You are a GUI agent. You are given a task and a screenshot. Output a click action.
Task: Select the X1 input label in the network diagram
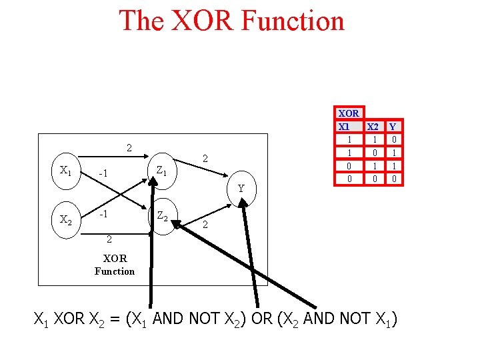pyautogui.click(x=65, y=170)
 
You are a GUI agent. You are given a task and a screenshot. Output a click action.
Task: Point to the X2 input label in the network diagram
pyautogui.click(x=65, y=219)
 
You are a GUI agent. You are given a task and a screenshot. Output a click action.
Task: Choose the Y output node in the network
pyautogui.click(x=241, y=188)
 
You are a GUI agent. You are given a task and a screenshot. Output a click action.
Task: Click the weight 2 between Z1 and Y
pyautogui.click(x=206, y=159)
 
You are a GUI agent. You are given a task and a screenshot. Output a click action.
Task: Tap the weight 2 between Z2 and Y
pyautogui.click(x=205, y=225)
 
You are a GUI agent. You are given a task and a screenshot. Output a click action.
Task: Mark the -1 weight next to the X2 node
pyautogui.click(x=103, y=215)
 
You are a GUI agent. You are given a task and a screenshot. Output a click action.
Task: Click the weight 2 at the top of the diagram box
pyautogui.click(x=130, y=147)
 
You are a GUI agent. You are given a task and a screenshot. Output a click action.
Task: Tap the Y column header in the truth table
pyautogui.click(x=393, y=126)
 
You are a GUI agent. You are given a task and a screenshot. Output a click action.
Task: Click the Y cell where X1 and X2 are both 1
pyautogui.click(x=394, y=139)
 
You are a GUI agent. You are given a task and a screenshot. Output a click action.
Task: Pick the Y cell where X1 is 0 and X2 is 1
pyautogui.click(x=394, y=165)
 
